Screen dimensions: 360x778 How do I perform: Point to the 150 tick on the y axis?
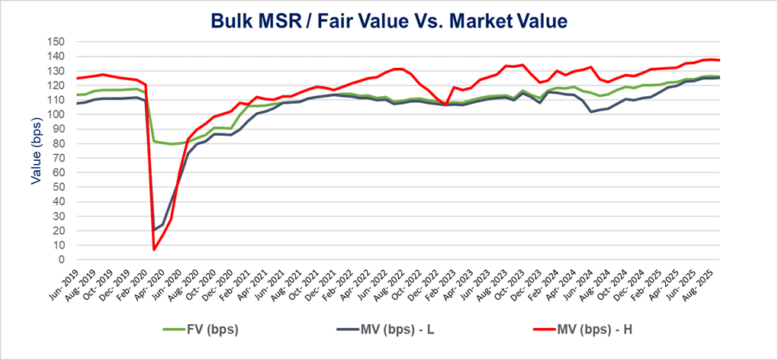(x=58, y=42)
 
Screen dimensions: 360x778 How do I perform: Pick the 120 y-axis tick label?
(x=58, y=85)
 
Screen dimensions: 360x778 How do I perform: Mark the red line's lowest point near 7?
(x=155, y=249)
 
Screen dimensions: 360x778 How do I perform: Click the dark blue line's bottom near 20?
(x=155, y=230)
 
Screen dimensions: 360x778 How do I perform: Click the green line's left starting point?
(x=77, y=95)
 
